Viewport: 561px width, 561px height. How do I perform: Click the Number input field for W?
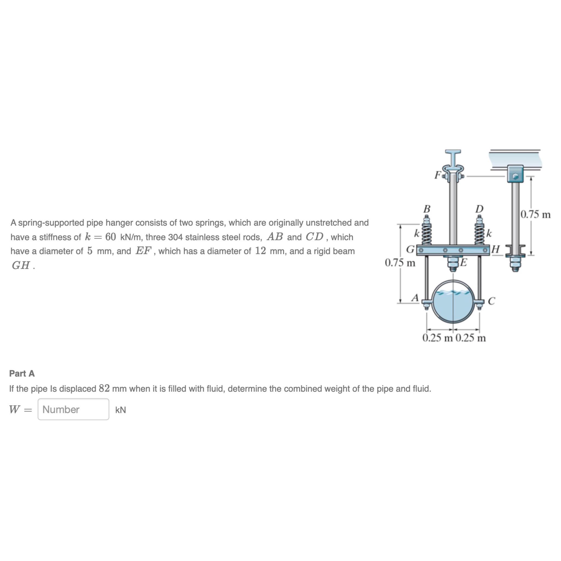pos(73,410)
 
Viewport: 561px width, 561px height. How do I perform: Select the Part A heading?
pos(22,373)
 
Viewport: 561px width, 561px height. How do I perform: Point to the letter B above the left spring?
pos(427,209)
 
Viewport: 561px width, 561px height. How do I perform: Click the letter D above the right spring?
pos(479,209)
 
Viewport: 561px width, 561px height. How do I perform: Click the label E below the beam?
pos(463,262)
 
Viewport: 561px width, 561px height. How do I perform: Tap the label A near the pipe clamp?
pos(416,298)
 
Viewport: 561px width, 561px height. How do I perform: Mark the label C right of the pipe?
pos(491,301)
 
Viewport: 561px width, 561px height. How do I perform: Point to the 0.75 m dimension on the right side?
pos(535,214)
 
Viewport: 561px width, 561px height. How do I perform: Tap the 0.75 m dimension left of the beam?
pos(400,263)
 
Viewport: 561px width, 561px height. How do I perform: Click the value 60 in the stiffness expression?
pos(111,237)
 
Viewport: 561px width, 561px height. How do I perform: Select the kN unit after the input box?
pos(121,410)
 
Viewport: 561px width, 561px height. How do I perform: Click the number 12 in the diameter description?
pos(261,251)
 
